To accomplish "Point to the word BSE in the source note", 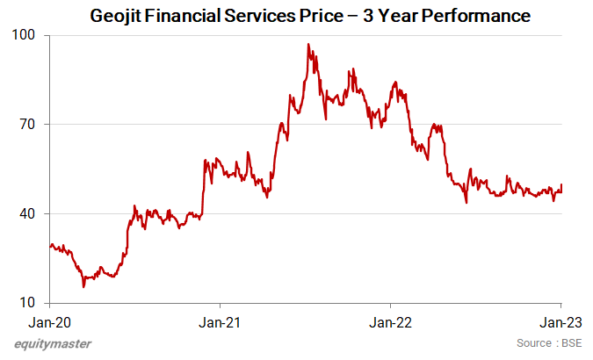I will (569, 342).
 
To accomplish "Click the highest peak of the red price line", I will (308, 44).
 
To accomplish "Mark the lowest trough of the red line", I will (83, 286).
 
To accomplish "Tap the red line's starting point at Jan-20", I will (50, 245).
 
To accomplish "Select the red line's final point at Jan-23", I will (561, 185).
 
